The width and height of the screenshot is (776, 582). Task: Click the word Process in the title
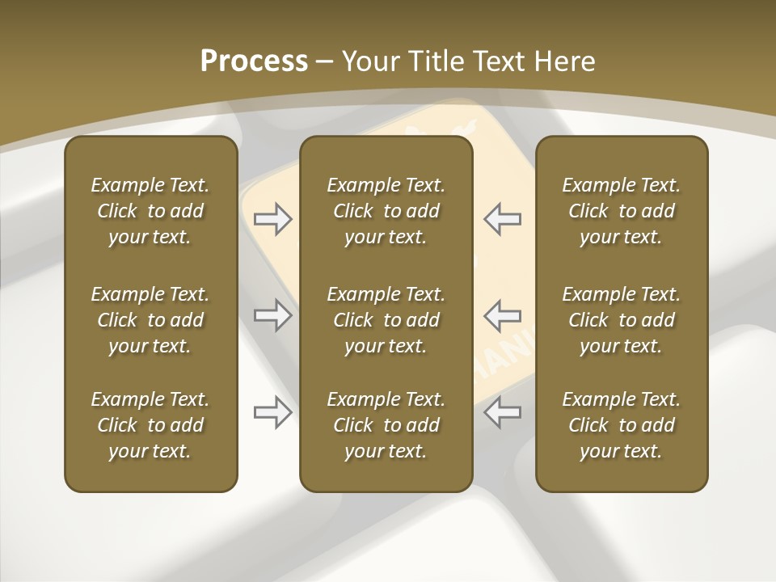click(254, 61)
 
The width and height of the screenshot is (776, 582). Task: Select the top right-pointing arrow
click(273, 219)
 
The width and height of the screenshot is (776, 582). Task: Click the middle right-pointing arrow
click(273, 315)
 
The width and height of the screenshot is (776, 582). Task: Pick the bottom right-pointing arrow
click(273, 412)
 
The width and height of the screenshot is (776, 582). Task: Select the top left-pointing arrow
click(502, 219)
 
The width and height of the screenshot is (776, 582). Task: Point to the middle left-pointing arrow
click(502, 315)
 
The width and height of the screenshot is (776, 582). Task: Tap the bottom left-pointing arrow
click(502, 412)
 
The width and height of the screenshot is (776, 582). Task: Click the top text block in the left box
click(150, 211)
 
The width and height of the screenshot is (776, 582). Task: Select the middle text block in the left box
click(150, 320)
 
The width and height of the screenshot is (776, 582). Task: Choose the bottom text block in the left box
click(150, 425)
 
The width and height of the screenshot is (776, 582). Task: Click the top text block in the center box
click(386, 211)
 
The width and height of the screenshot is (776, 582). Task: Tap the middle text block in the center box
click(386, 320)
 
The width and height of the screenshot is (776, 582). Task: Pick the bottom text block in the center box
click(386, 425)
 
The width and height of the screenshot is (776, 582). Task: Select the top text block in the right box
click(621, 211)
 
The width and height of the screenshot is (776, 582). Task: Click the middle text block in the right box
click(621, 320)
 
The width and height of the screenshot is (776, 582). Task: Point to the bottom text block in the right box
click(621, 425)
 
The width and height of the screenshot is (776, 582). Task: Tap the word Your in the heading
click(369, 61)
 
